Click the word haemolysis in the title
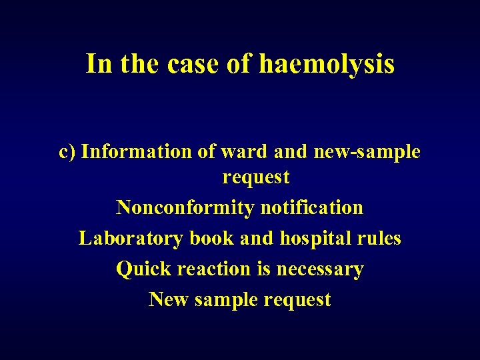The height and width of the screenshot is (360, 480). coord(326,65)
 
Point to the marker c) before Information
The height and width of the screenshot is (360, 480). coord(67,152)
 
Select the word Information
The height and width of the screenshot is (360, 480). coord(137,152)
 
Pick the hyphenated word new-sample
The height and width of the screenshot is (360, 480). coord(365,152)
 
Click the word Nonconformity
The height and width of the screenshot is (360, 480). coord(185,207)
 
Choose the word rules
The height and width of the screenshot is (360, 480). coord(379,238)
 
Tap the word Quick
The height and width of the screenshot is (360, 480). coord(142,269)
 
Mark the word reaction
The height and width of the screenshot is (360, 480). coord(212,269)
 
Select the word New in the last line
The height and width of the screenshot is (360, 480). coord(169,299)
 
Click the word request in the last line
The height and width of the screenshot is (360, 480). coord(297,300)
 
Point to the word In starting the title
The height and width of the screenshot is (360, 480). coord(99,65)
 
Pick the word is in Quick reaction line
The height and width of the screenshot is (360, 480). coord(264,269)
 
